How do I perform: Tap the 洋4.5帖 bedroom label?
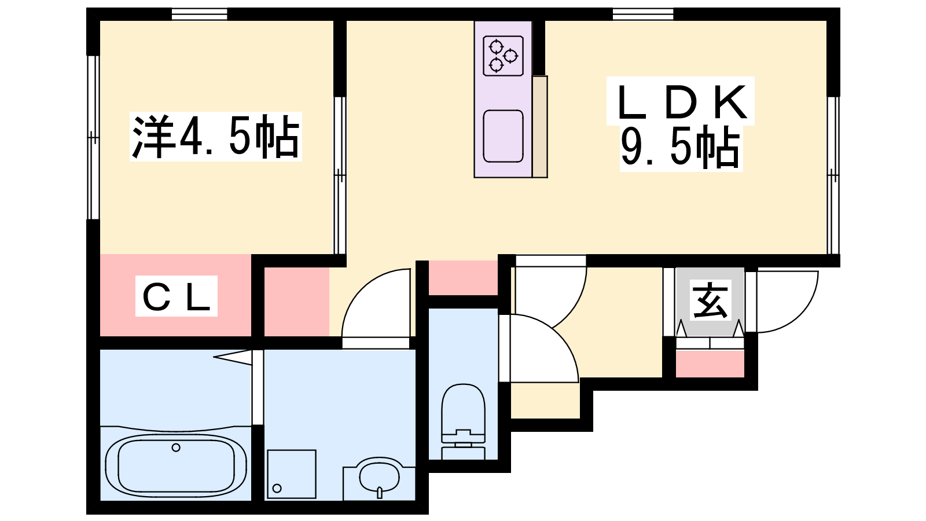216,137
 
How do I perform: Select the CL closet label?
177,296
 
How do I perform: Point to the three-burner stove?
503,56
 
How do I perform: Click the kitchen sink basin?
503,136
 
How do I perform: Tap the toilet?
463,421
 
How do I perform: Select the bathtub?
176,465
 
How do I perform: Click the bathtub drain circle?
176,447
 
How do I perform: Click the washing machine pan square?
292,474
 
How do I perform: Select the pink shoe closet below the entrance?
710,364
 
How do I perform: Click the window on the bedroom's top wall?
199,14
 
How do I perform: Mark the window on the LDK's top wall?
643,14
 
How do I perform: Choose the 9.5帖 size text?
681,148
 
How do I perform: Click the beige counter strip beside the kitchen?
540,127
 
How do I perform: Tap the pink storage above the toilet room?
463,278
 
